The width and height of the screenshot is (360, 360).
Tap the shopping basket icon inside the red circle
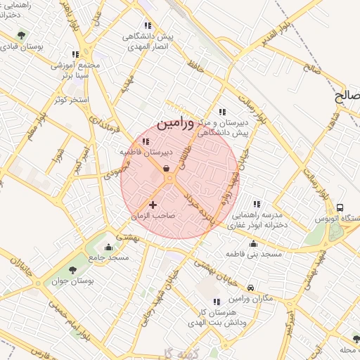pyautogui.click(x=165, y=168)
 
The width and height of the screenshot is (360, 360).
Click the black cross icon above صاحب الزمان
pyautogui.click(x=153, y=205)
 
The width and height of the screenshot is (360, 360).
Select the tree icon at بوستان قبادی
pyautogui.click(x=21, y=34)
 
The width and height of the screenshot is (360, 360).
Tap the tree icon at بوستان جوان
pyautogui.click(x=72, y=271)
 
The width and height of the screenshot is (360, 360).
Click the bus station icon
pyautogui.click(x=340, y=207)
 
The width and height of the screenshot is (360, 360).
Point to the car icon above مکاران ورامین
pyautogui.click(x=251, y=286)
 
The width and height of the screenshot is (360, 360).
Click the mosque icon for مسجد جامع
pyautogui.click(x=108, y=247)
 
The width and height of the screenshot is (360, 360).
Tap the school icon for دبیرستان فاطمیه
pyautogui.click(x=145, y=141)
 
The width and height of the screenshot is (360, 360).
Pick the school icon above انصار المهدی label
pyautogui.click(x=148, y=25)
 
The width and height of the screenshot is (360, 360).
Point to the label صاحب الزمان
pyautogui.click(x=153, y=217)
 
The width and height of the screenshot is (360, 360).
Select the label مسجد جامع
pyautogui.click(x=109, y=258)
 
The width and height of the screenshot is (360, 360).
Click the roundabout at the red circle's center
pyautogui.click(x=171, y=180)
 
